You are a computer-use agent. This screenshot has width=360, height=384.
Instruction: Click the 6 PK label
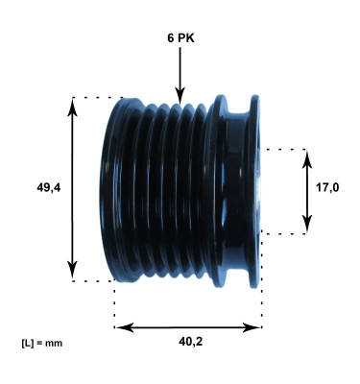pos(180,39)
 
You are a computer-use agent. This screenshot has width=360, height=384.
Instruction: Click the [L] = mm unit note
pos(40,343)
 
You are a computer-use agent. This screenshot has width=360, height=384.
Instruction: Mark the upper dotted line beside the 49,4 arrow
pos(96,97)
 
